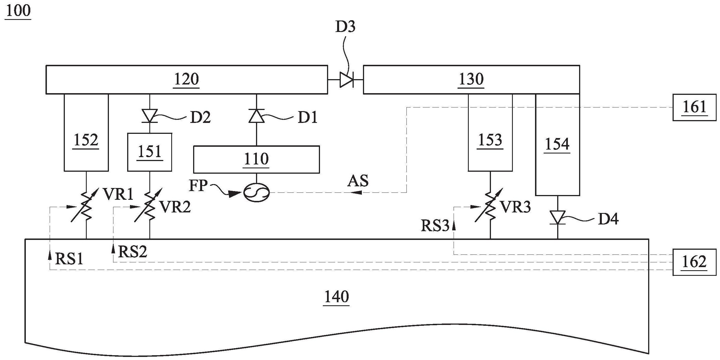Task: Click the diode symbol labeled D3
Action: coord(347,80)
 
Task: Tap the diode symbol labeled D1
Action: coord(257,116)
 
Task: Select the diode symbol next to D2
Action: coord(150,116)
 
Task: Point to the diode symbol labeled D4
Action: coord(557,217)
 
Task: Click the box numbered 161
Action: coord(694,107)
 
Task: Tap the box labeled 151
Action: coord(150,152)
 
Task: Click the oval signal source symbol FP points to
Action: coord(256,192)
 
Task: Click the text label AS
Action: coord(358,181)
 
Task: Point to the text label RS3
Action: coord(435,226)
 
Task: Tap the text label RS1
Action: coord(69,259)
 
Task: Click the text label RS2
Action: coord(133,251)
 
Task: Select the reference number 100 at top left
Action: coord(18,11)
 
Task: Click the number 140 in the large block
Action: coord(337,297)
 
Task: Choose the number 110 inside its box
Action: coord(256,159)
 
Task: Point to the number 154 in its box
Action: coord(557,144)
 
